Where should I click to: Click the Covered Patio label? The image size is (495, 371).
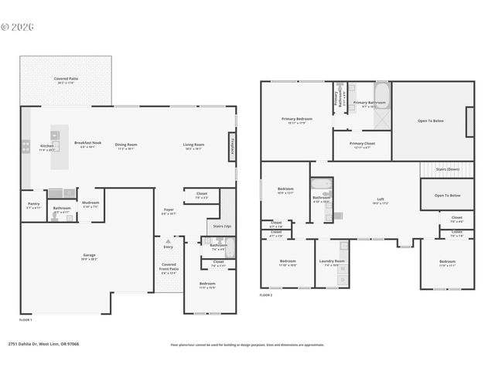tap(66, 79)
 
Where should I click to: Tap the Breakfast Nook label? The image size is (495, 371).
tap(87, 144)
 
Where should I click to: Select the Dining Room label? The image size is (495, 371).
tap(126, 145)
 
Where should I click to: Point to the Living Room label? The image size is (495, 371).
tap(193, 145)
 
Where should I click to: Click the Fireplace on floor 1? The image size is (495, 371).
tap(231, 146)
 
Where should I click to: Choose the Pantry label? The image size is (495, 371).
tap(33, 205)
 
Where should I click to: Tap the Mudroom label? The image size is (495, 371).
tap(90, 205)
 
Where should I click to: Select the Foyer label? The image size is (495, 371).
tap(169, 210)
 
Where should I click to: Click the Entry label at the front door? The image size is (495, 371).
tap(168, 247)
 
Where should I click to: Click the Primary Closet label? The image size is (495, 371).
tap(361, 144)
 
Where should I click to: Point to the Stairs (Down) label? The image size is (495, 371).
tap(448, 168)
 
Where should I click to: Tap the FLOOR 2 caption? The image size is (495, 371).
tap(266, 295)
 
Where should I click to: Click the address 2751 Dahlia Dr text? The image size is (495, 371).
tap(43, 345)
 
